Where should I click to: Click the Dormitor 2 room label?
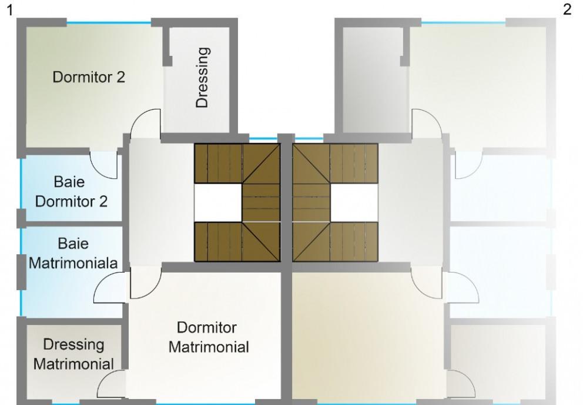(x=89, y=77)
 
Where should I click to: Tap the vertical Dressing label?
(x=202, y=77)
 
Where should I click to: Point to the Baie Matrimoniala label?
(x=72, y=253)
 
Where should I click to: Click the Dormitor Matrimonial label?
(x=208, y=337)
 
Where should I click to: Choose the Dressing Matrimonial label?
(x=73, y=354)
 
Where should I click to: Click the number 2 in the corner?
(x=567, y=9)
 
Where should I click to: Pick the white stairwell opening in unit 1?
(x=217, y=202)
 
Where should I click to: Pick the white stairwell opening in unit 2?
(x=354, y=202)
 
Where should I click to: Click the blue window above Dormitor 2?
(x=109, y=22)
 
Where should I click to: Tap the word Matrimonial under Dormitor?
(x=208, y=347)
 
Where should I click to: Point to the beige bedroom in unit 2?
(x=364, y=336)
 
